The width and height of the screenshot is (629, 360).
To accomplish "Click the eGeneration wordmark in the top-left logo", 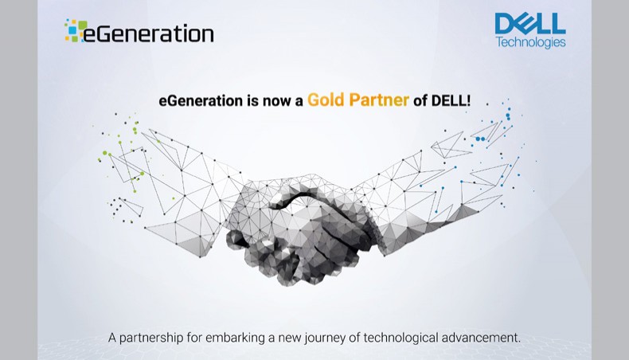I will point(151,33).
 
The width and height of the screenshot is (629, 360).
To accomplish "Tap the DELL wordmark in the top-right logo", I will point(529,24).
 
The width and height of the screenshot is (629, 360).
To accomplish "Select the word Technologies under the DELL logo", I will point(530,42).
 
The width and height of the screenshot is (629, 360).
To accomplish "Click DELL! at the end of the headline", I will point(452,101).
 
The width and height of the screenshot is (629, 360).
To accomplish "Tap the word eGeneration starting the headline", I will point(199,101).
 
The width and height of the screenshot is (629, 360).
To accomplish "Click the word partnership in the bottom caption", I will point(156,338).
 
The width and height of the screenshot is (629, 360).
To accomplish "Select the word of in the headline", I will point(421,101).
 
